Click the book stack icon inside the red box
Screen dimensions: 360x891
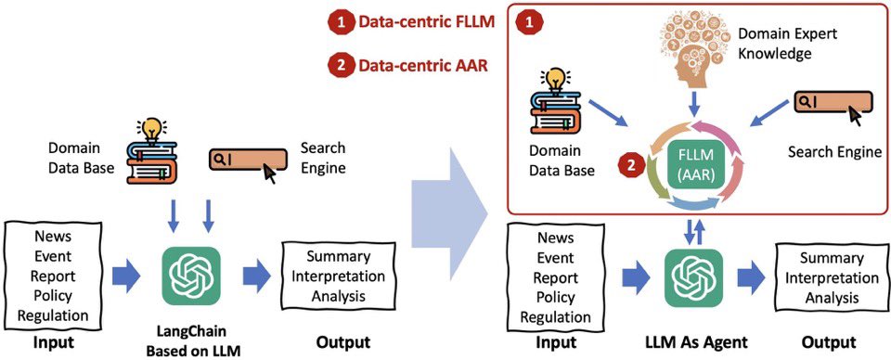(556, 104)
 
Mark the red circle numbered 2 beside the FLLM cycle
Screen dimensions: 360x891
(630, 166)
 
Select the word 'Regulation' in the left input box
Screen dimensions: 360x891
(53, 315)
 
